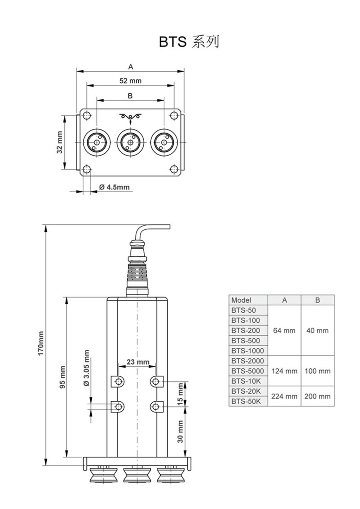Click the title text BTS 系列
click(x=189, y=42)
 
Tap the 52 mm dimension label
click(x=130, y=80)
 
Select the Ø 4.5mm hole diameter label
click(x=114, y=187)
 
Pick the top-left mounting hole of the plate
click(x=87, y=115)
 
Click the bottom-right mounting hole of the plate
click(x=174, y=170)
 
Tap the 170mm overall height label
click(x=41, y=344)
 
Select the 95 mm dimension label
click(x=63, y=377)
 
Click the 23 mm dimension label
click(x=137, y=362)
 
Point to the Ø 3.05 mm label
click(x=86, y=368)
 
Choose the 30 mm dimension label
click(x=180, y=431)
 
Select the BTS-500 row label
click(x=245, y=340)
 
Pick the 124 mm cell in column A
click(x=284, y=371)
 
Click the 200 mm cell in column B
click(x=317, y=396)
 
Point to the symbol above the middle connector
click(x=130, y=117)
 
